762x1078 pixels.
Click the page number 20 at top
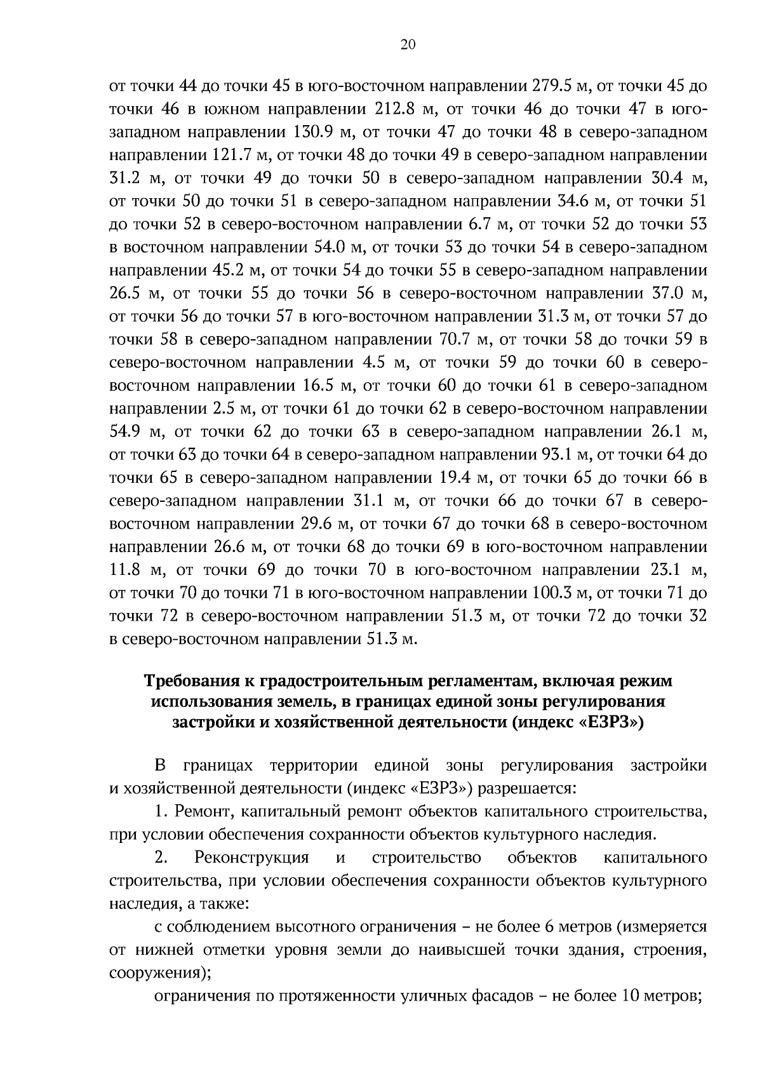coord(408,44)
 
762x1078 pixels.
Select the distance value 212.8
coord(392,109)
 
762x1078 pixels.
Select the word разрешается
coord(526,789)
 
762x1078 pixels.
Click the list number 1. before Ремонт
coord(161,812)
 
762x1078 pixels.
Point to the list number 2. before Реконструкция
coord(161,858)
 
